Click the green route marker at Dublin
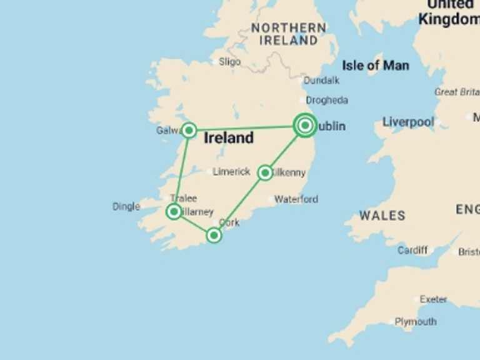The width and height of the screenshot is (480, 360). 305,126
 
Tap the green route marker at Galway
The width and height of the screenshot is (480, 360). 189,130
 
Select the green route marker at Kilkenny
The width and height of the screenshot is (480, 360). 265,172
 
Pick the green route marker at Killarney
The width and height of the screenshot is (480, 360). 174,212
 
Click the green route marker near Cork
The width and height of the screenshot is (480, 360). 214,235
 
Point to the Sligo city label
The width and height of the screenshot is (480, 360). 229,62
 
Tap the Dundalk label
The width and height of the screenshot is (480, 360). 321,81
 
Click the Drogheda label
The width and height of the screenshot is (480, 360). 327,100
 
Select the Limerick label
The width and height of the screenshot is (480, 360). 231,172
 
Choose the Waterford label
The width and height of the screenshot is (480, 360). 296,199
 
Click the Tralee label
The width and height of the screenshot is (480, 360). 183,198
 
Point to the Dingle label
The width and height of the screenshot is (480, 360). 126,206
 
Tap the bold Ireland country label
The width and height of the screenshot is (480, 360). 229,138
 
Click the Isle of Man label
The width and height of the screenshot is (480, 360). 376,65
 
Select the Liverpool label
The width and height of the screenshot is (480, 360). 408,122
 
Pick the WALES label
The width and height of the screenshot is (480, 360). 382,216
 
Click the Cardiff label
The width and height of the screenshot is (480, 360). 412,250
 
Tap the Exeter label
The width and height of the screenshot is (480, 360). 433,299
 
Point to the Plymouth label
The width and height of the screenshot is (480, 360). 416,322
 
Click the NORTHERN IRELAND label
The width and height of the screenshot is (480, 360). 288,34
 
